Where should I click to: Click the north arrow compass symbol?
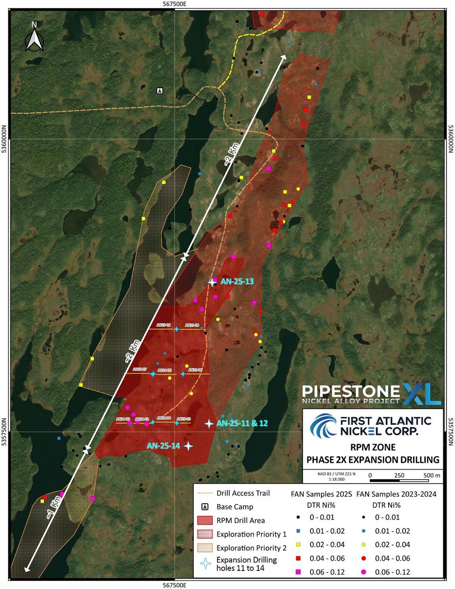34,36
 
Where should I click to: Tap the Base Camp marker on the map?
160,90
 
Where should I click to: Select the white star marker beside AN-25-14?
188,446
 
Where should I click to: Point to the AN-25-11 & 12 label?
242,423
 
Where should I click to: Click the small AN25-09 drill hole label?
164,325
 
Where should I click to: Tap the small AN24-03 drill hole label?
123,419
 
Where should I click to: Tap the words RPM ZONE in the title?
373,448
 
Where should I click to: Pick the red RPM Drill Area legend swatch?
206,520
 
